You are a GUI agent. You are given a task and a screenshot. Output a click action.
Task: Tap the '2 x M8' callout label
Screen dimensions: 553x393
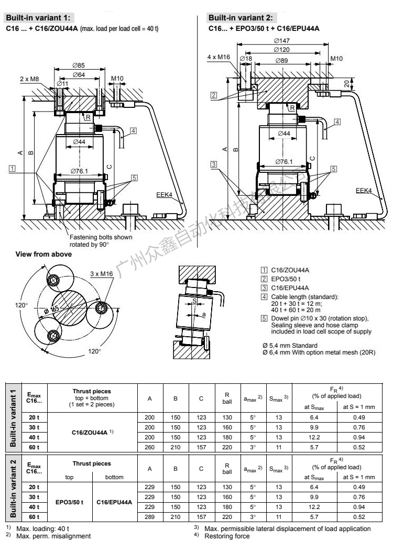coord(30,79)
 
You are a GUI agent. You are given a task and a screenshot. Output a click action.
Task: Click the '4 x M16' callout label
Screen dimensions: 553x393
coord(219,57)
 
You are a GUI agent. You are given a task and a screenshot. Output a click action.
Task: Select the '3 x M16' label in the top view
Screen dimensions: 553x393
coord(102,273)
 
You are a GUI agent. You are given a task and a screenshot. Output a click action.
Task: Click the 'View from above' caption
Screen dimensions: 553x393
coord(43,254)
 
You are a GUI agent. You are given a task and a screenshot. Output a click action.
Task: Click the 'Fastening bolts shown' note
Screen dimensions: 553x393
coord(101,237)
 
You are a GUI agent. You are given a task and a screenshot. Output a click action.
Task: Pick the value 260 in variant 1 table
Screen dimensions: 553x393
coord(150,447)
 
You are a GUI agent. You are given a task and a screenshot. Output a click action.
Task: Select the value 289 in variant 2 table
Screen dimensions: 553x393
coord(150,516)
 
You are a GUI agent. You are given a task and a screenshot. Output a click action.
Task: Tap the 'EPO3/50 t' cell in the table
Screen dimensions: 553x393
coord(70,502)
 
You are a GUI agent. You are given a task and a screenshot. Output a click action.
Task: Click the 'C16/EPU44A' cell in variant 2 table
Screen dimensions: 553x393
coord(114,502)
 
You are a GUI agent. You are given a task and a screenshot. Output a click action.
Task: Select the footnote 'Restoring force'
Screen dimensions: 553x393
coord(227,536)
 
